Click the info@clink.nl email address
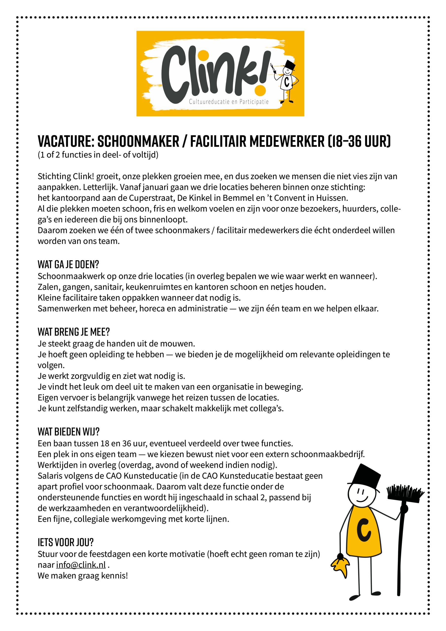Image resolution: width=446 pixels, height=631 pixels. click(81, 565)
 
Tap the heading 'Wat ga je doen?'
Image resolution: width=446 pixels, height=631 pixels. click(68, 265)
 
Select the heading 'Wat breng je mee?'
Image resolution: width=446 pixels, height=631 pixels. click(74, 332)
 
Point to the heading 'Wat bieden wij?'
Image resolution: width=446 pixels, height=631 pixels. click(69, 432)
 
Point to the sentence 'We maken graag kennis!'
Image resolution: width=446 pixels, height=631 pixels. click(83, 576)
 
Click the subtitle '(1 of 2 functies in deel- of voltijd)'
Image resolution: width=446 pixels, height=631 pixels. click(98, 155)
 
